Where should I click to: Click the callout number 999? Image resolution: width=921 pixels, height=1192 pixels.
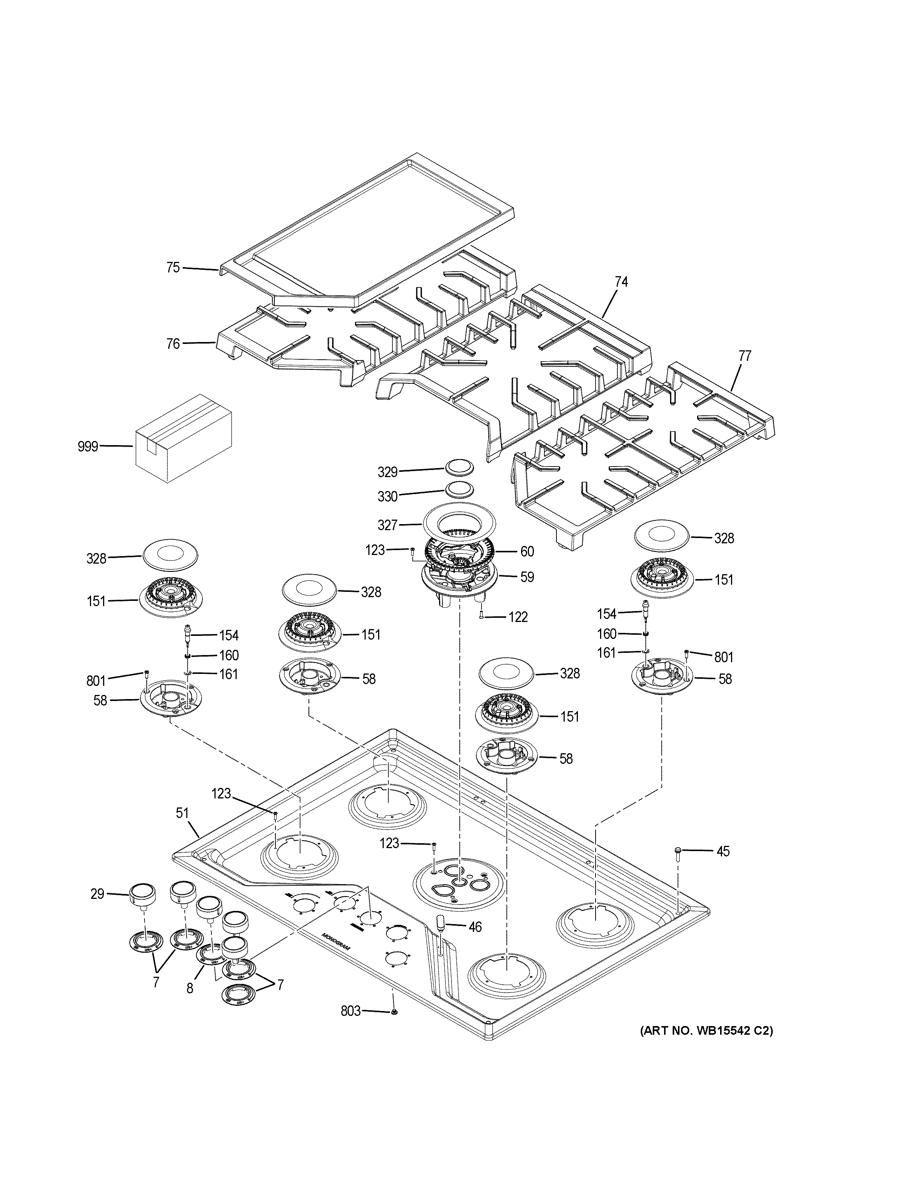click(87, 447)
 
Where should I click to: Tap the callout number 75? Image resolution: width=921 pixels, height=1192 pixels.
click(173, 268)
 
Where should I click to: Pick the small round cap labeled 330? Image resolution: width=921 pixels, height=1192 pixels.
click(458, 489)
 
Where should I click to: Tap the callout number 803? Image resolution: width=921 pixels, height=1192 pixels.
click(350, 1011)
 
